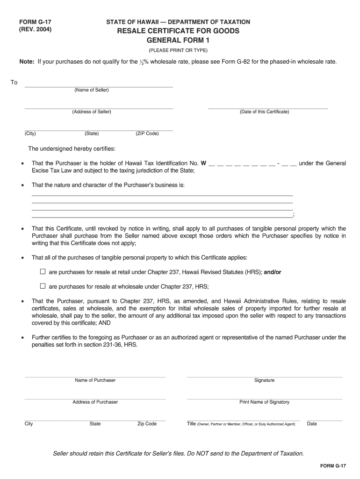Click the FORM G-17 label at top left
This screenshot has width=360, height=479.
tap(35, 22)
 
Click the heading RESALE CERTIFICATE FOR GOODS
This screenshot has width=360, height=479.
tap(178, 31)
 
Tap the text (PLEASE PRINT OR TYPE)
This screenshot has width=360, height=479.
tap(178, 51)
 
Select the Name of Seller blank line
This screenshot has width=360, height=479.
tap(98, 86)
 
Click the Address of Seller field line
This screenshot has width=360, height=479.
tap(98, 108)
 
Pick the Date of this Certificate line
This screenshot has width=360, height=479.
tap(267, 108)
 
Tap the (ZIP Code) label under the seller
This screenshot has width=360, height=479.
tap(147, 134)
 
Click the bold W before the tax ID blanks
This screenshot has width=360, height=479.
tap(203, 163)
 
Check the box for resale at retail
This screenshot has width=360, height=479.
tap(43, 271)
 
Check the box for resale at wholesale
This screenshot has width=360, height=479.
tap(43, 286)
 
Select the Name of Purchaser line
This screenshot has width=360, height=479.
tap(95, 376)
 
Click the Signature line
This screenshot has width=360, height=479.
tap(264, 376)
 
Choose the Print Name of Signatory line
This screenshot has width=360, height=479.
tap(264, 398)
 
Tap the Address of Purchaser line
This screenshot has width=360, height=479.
tap(95, 398)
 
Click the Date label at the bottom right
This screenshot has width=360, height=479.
tap(312, 424)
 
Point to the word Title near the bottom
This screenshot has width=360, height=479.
tap(191, 424)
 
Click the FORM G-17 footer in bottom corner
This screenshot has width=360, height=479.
tap(333, 466)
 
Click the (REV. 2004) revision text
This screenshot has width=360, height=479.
tap(35, 29)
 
